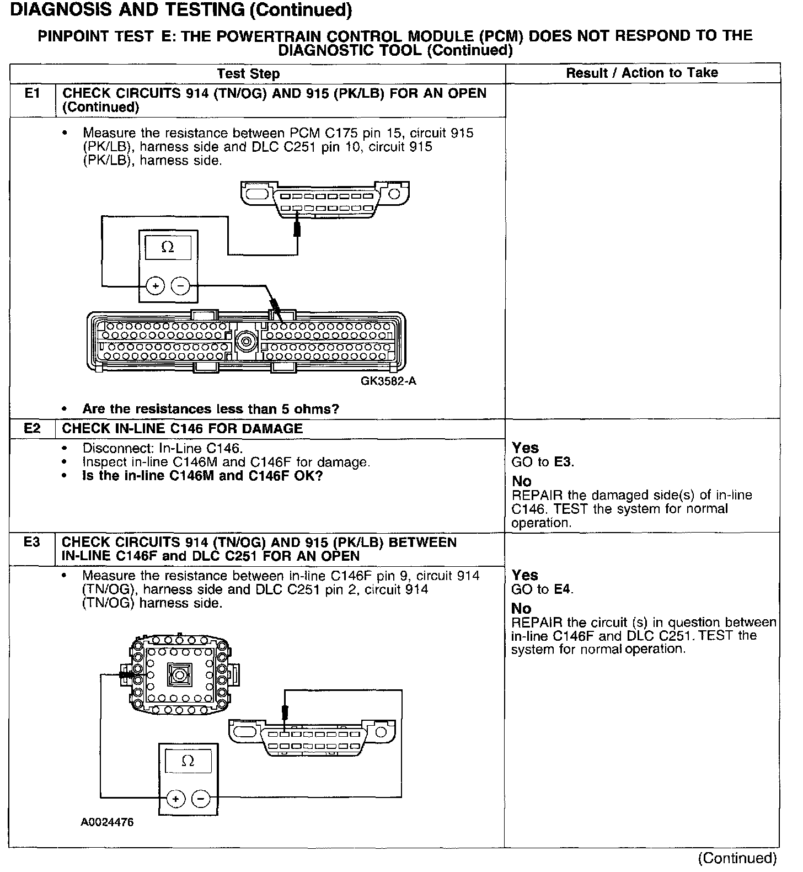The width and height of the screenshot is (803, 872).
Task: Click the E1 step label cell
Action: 33,93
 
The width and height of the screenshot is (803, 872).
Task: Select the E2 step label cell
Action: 33,428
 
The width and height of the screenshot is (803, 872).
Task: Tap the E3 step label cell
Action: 33,542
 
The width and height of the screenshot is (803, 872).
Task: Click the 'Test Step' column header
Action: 248,73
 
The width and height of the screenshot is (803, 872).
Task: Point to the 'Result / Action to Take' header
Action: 642,73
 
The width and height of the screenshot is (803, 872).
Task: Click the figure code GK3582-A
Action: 388,381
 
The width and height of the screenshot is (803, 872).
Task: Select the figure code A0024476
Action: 107,822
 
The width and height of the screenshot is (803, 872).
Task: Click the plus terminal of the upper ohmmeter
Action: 156,286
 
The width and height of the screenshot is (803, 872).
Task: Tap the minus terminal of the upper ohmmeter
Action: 180,286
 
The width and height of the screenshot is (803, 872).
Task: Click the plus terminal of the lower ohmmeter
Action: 175,799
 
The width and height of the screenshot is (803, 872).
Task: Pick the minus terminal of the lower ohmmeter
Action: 200,799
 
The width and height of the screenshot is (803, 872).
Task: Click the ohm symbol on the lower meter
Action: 188,762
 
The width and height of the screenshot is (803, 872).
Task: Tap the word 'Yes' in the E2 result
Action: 525,448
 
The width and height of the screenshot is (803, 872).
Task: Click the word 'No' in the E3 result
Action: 521,608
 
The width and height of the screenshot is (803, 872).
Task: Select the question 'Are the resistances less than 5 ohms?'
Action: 211,409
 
